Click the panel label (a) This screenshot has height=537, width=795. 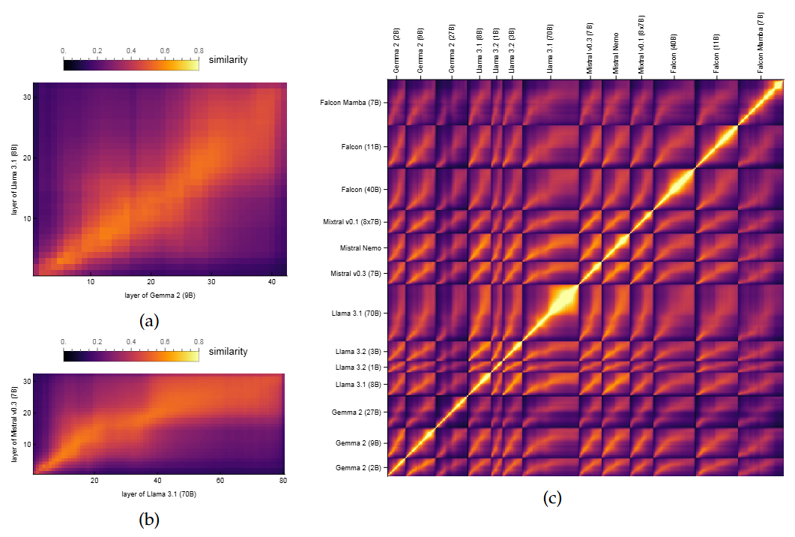(149, 322)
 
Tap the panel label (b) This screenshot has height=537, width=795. (149, 518)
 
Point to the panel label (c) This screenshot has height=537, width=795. (552, 497)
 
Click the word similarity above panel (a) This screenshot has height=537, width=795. (228, 59)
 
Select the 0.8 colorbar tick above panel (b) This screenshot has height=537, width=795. (199, 342)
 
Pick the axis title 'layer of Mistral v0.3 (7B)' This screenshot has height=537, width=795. (15, 424)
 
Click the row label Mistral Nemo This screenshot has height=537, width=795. (361, 247)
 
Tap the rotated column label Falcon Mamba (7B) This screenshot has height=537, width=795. (761, 41)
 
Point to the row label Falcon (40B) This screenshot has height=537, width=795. (360, 190)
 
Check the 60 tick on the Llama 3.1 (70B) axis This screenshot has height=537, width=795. (220, 480)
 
